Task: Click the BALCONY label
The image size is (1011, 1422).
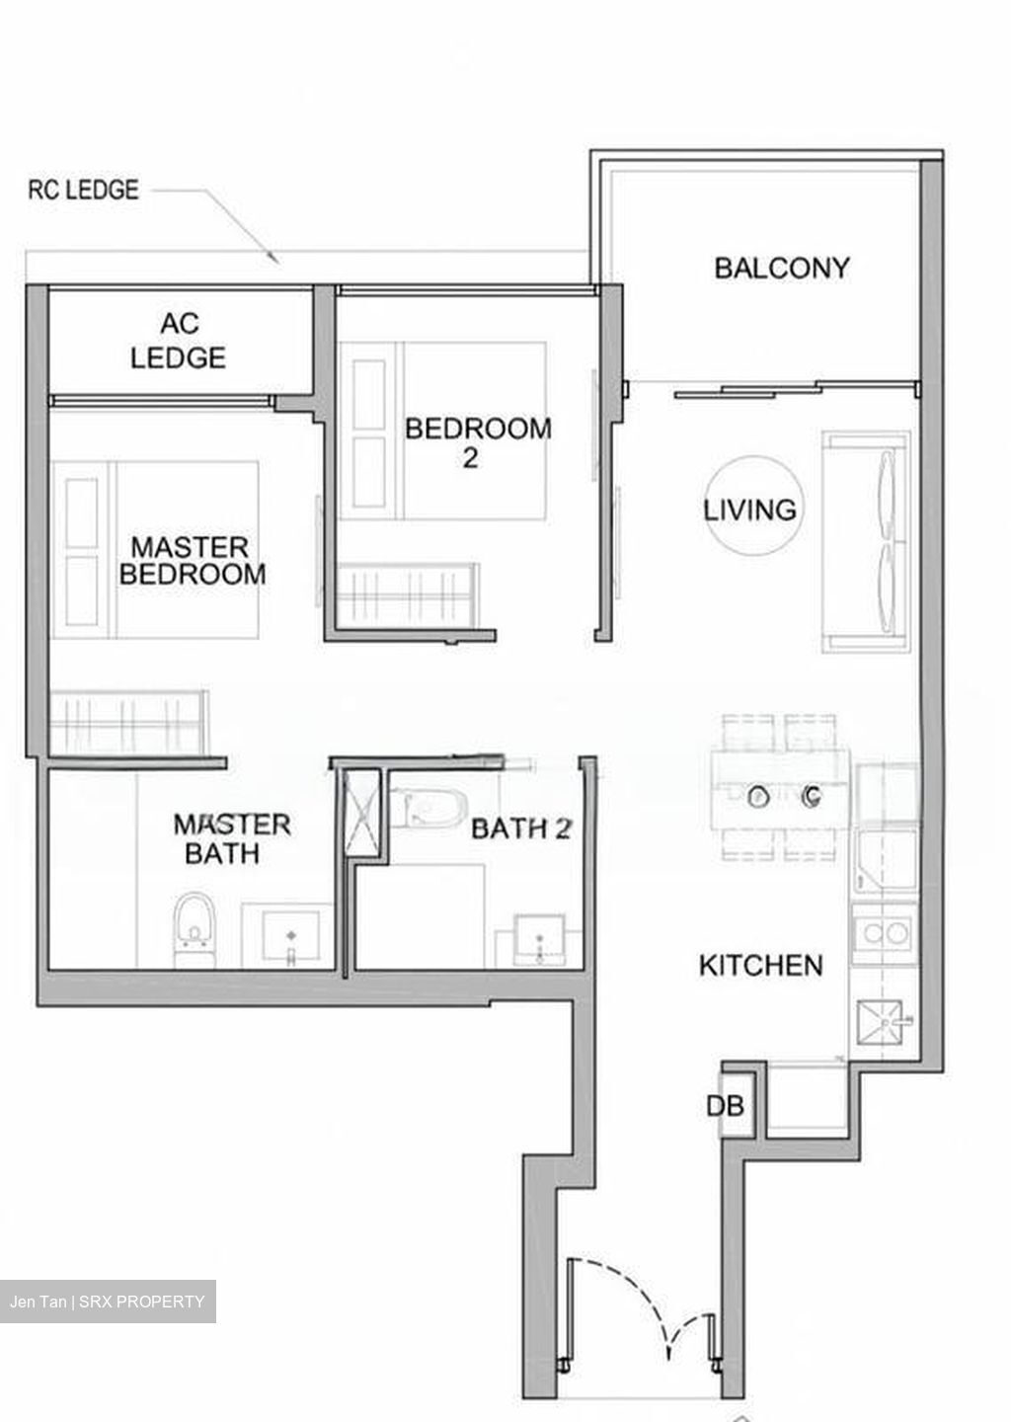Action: pyautogui.click(x=781, y=268)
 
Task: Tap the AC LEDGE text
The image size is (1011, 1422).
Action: pyautogui.click(x=178, y=340)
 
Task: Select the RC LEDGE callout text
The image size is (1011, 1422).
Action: pyautogui.click(x=83, y=190)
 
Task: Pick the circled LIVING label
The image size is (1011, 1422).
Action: pyautogui.click(x=750, y=510)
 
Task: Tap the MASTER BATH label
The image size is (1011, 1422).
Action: pyautogui.click(x=231, y=838)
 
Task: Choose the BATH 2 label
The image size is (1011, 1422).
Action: pyautogui.click(x=520, y=829)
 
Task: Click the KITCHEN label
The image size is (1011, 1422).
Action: pyautogui.click(x=760, y=965)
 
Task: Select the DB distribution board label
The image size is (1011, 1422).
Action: pyautogui.click(x=724, y=1106)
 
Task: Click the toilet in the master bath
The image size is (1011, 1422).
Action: pyautogui.click(x=194, y=929)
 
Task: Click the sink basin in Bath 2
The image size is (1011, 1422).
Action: pyautogui.click(x=538, y=940)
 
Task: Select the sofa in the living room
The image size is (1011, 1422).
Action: pyautogui.click(x=867, y=541)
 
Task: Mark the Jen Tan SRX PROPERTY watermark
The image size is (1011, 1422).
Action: pyautogui.click(x=108, y=1302)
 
